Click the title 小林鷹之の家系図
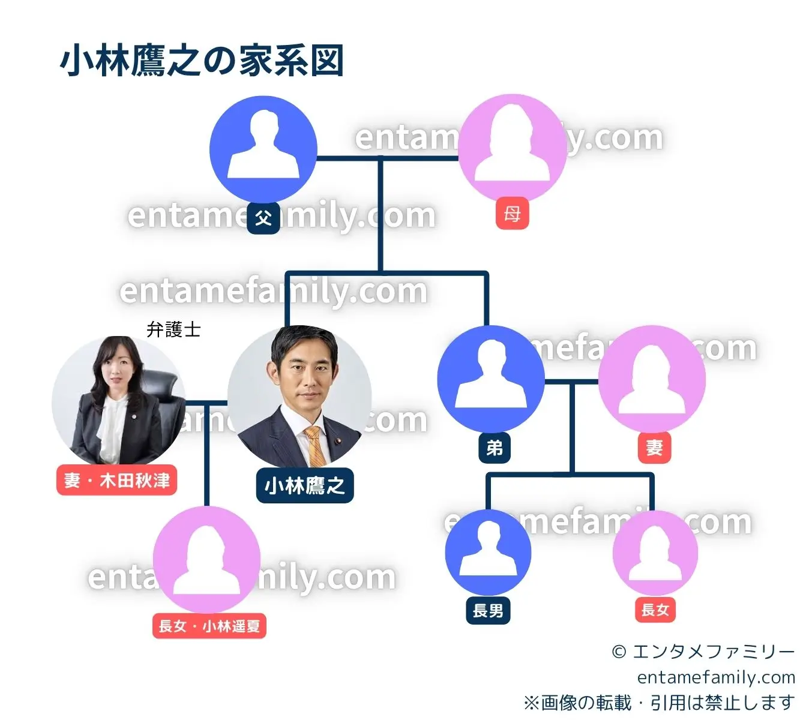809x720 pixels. (x=202, y=61)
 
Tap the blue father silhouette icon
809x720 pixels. (x=263, y=148)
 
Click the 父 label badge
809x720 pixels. (x=263, y=217)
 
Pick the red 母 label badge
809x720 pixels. (x=512, y=213)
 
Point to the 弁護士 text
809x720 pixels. (x=173, y=329)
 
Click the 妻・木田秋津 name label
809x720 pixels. (x=116, y=480)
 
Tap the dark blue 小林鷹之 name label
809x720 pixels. (x=305, y=485)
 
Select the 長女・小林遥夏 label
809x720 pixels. (x=209, y=626)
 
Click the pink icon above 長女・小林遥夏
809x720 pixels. (x=206, y=559)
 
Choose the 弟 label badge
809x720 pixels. (x=495, y=447)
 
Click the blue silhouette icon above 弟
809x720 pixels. (x=491, y=379)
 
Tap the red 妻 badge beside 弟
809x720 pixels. (x=654, y=447)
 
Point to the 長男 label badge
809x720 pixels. (x=488, y=610)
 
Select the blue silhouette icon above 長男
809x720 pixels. (x=488, y=552)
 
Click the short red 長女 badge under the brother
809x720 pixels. (x=655, y=610)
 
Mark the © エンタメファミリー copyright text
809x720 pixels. (x=703, y=652)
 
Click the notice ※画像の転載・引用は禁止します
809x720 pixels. (x=658, y=702)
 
